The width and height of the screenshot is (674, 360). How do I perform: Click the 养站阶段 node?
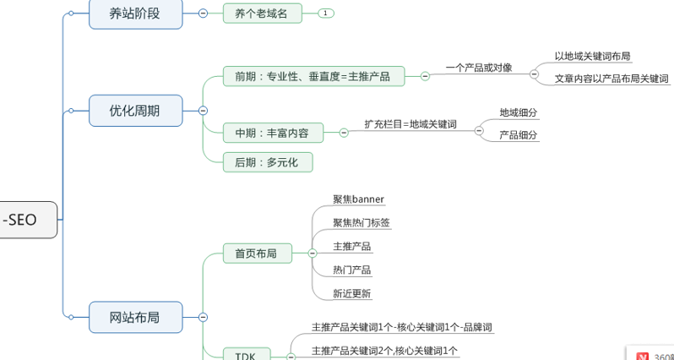pos(135,14)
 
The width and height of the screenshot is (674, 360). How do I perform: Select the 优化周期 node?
pos(135,110)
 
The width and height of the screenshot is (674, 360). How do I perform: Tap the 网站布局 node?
pos(135,318)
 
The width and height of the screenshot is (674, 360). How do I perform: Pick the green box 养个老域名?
pos(262,14)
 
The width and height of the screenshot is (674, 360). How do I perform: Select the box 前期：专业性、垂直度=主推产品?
pos(313,77)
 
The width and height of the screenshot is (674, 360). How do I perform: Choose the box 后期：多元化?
pos(268,161)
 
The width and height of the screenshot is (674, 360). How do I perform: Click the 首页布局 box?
pos(256,253)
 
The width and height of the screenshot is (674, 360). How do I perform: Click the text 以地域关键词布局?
pos(592,57)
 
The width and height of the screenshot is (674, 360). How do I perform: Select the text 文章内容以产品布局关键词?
pos(611,79)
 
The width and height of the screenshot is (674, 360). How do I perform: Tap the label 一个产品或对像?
pos(479,68)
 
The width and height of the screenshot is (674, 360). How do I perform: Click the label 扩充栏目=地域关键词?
pos(410,123)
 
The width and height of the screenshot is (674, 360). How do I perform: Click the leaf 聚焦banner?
pos(359,199)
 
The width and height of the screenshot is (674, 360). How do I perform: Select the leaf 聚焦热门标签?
pos(361,223)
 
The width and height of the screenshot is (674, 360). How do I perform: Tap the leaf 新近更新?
pos(352,293)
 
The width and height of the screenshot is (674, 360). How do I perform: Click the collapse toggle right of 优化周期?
pos(203,111)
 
